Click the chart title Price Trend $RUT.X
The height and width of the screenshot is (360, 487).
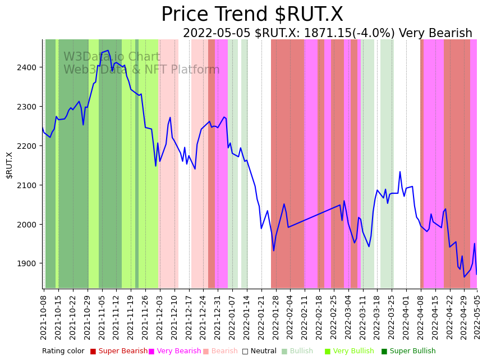point(252,15)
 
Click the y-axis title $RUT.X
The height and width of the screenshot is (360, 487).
point(10,165)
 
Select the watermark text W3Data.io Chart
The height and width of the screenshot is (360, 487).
point(112,57)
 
